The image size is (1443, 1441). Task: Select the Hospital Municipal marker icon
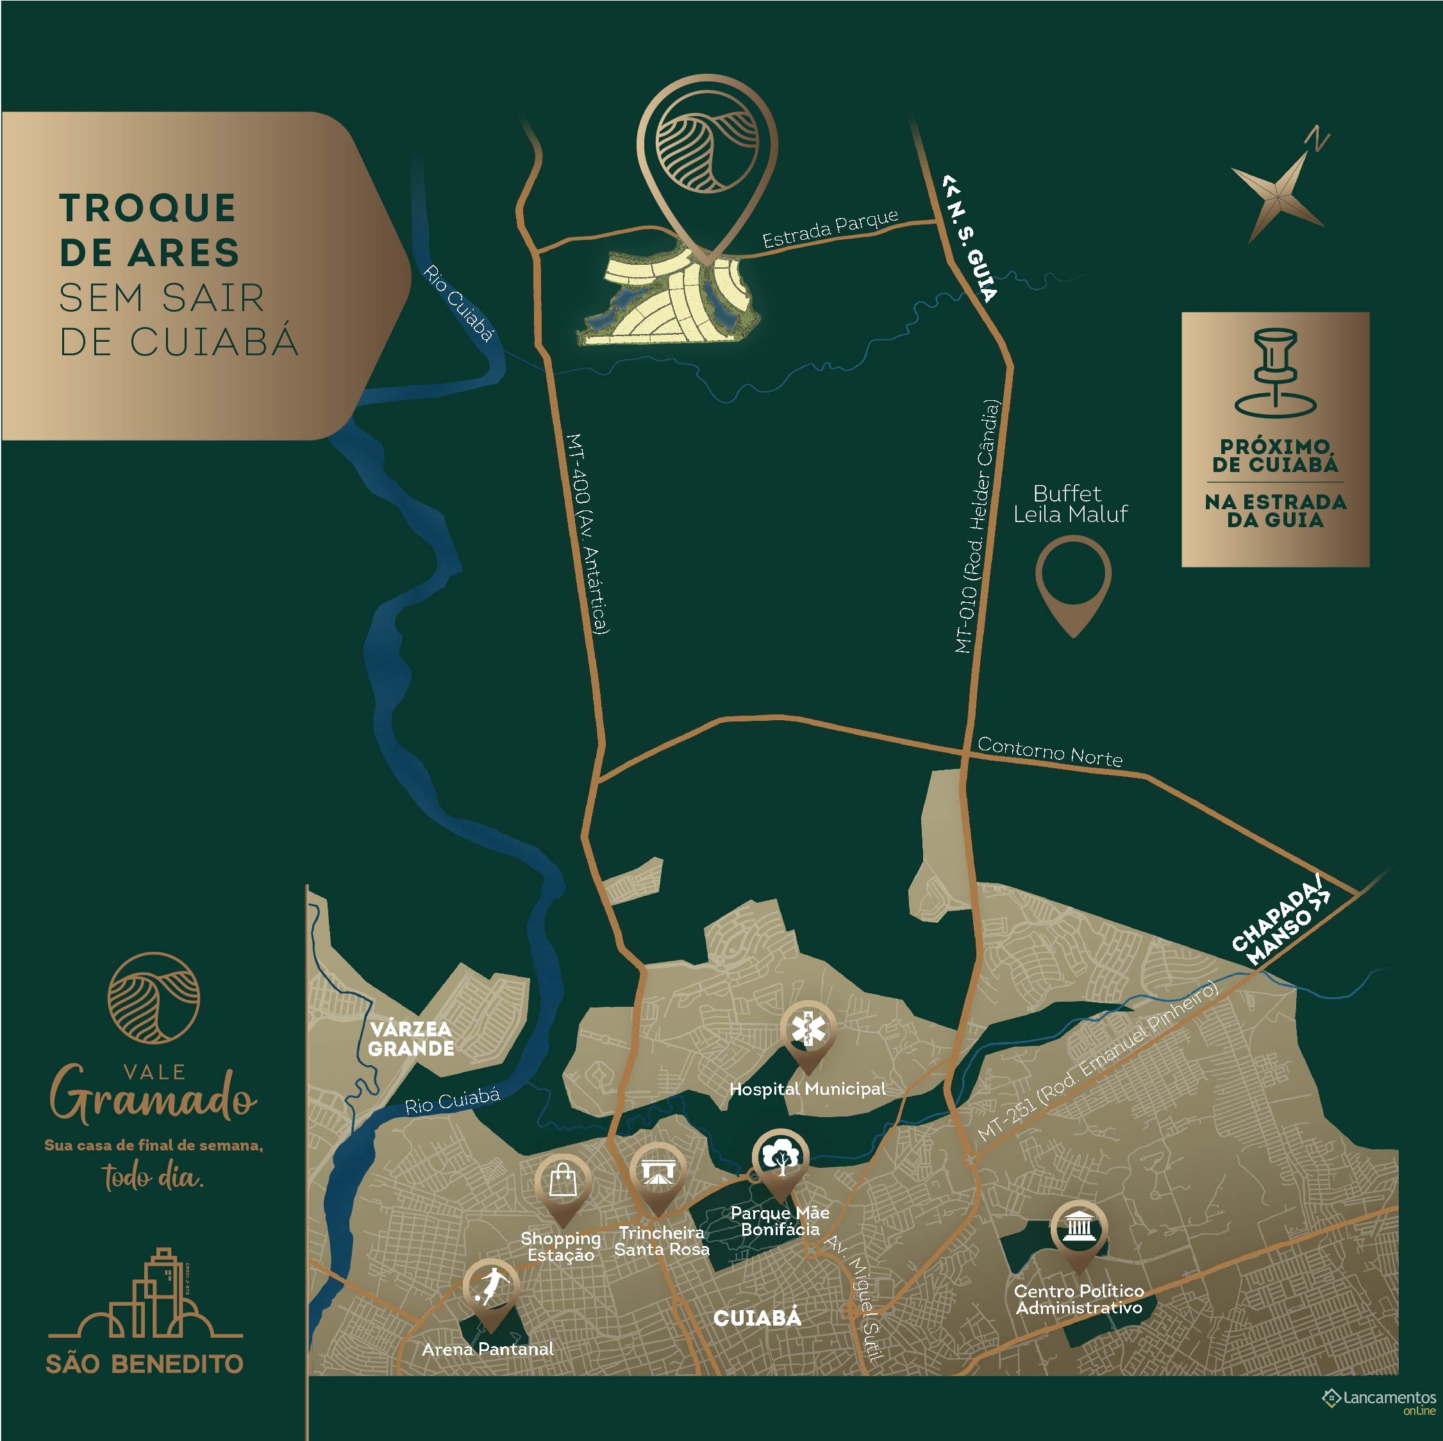pos(808,1032)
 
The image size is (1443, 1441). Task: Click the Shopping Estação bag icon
pos(563,1182)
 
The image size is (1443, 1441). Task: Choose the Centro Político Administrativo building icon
pos(1078,1228)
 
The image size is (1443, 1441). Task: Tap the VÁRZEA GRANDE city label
pos(411,1039)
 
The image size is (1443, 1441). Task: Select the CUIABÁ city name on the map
pos(757,1318)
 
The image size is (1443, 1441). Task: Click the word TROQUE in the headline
pos(148,208)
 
